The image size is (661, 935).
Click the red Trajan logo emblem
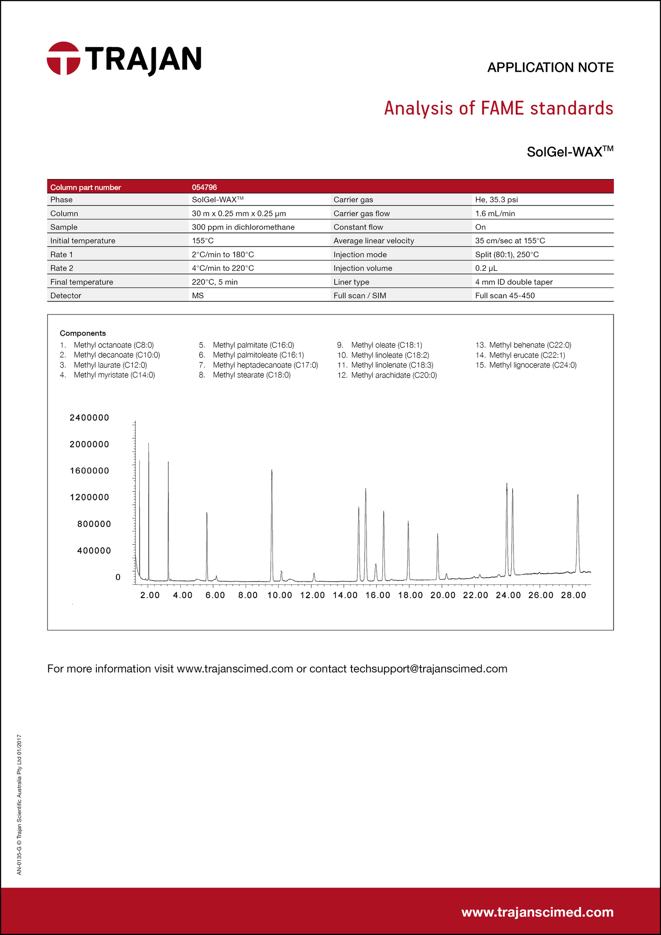(63, 58)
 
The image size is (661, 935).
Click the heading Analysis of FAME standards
(498, 109)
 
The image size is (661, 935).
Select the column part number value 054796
(204, 187)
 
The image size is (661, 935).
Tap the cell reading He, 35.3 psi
(496, 200)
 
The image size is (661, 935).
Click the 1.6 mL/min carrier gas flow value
(495, 213)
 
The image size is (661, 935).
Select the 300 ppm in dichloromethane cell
(243, 227)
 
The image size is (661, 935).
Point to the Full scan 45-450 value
(504, 295)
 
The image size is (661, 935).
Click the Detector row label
(66, 295)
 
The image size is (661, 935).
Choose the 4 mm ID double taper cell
(514, 282)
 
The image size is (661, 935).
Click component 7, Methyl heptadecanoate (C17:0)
(265, 365)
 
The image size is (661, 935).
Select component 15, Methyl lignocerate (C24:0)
(533, 365)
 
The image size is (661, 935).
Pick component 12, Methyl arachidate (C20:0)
(394, 375)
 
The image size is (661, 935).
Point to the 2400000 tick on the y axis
(89, 417)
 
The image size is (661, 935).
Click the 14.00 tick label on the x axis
(345, 595)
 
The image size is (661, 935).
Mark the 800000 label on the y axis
(94, 524)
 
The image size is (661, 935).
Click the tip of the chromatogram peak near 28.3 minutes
(578, 495)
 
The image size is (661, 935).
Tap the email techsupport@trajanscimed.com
(428, 669)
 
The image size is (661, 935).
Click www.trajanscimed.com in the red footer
(537, 912)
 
